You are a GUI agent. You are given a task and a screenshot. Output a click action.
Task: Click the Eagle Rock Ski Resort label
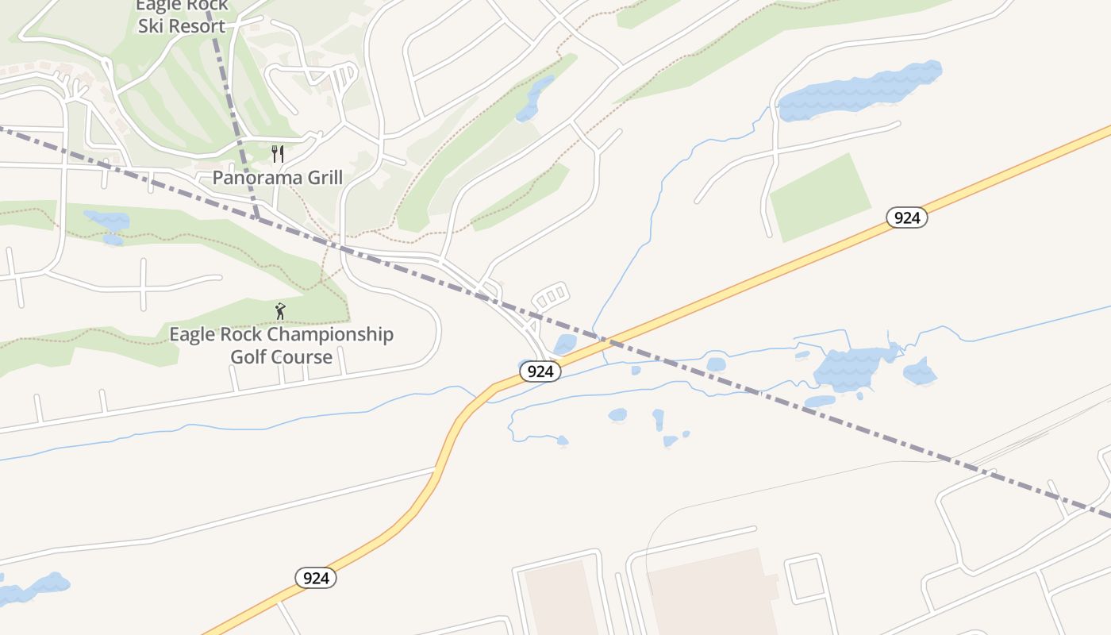(182, 16)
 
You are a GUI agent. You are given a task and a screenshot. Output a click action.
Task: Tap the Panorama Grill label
(278, 177)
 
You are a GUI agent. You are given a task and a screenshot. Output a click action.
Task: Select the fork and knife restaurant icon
(278, 153)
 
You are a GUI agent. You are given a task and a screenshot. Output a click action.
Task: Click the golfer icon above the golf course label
(279, 311)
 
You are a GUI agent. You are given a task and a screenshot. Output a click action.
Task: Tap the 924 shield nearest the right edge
(906, 217)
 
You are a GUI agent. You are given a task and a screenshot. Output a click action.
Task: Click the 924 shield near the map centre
(540, 371)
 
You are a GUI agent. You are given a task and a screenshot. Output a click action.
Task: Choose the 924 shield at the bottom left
(316, 578)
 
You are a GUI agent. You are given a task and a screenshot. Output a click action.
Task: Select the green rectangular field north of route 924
(821, 198)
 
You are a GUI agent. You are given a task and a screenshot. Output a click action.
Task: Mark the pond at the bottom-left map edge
(32, 588)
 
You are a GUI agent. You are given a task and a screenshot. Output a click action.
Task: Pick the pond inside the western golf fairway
(108, 221)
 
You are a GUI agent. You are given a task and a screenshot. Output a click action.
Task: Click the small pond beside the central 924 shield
(565, 344)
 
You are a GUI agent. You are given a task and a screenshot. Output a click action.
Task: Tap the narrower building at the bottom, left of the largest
(560, 599)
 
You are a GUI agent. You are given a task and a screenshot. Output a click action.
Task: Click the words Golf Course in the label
(281, 356)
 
